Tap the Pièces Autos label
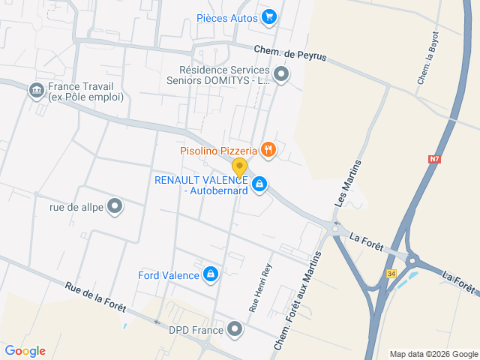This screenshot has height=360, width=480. click(227, 18)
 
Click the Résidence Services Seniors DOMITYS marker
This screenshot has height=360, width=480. click(281, 73)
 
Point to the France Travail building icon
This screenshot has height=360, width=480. click(35, 91)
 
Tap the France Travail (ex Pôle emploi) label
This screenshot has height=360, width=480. click(85, 91)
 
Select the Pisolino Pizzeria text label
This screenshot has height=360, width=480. click(218, 151)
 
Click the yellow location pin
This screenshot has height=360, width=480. click(239, 167)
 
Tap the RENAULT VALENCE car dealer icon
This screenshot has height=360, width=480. click(259, 184)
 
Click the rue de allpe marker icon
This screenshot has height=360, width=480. click(115, 205)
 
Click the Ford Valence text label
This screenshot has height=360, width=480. click(169, 275)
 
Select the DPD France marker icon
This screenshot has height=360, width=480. click(236, 329)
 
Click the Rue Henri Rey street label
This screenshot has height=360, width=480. click(259, 289)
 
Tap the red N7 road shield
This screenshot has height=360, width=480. click(435, 159)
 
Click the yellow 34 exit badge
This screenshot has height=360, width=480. click(391, 274)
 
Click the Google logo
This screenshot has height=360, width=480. click(25, 351)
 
